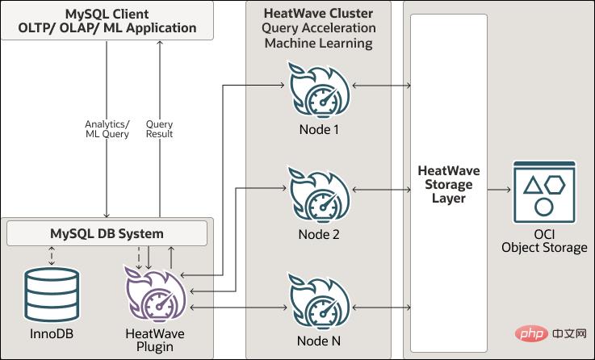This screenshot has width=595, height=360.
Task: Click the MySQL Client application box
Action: click(107, 20)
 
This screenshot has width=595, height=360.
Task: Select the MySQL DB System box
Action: click(107, 234)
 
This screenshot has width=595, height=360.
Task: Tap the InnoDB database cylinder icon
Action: click(52, 295)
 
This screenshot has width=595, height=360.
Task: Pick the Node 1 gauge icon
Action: click(319, 90)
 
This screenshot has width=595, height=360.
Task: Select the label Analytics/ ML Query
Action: click(107, 129)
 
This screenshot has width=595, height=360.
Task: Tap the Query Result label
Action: click(160, 129)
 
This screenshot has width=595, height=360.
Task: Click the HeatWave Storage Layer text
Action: click(450, 185)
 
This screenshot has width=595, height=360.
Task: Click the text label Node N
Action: click(319, 341)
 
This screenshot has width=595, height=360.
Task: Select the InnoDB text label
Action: click(52, 333)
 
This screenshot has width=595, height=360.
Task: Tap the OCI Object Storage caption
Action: click(544, 241)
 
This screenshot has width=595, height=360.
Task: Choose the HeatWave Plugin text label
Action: click(153, 340)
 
